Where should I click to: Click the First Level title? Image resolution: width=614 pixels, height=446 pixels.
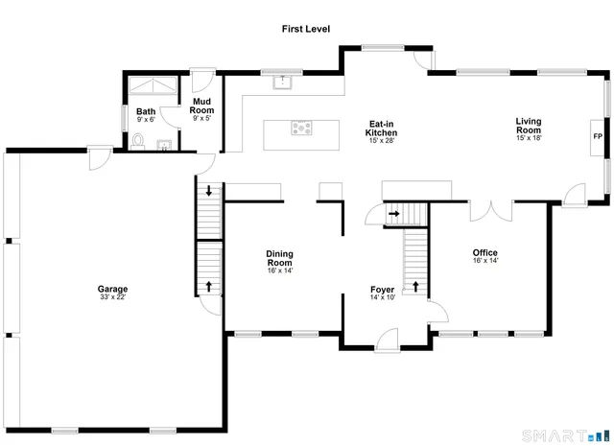pos(305,30)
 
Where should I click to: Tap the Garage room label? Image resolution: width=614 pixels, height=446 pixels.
pos(112,289)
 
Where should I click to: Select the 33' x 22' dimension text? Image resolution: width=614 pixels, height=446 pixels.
pos(112,297)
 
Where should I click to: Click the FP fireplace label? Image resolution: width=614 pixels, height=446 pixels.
pos(597,137)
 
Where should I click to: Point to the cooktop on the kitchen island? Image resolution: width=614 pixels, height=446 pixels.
pos(301,128)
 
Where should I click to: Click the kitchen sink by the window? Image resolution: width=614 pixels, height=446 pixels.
pos(282,82)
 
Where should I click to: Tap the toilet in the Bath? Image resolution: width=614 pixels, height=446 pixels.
pos(139,142)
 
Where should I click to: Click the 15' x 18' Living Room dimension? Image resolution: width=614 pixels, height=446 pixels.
pos(529,138)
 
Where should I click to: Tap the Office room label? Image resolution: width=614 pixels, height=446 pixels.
pos(484,253)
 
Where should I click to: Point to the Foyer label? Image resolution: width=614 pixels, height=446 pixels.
pos(383,289)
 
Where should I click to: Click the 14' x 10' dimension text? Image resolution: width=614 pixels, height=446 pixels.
pos(383,297)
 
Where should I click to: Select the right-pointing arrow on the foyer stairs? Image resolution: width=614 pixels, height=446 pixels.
pos(393,213)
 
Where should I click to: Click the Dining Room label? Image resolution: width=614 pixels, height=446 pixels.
pos(279,258)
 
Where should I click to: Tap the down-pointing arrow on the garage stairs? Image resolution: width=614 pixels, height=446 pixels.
pos(209,190)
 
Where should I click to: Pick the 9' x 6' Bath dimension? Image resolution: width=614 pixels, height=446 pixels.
pos(146,120)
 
